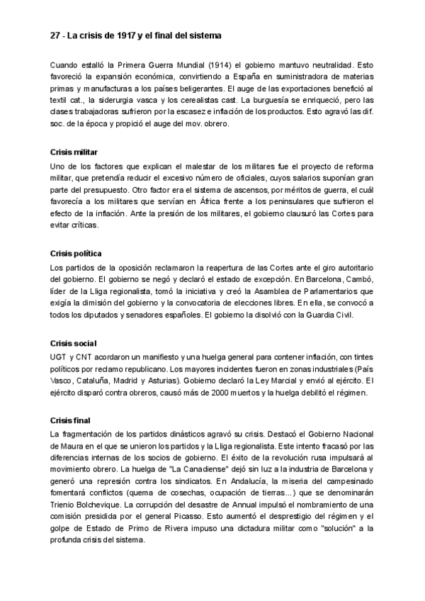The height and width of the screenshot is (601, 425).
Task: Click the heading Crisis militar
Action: pos(74,152)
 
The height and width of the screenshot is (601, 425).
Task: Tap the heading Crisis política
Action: pos(76,254)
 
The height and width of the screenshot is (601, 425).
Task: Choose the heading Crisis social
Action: pos(73,343)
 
